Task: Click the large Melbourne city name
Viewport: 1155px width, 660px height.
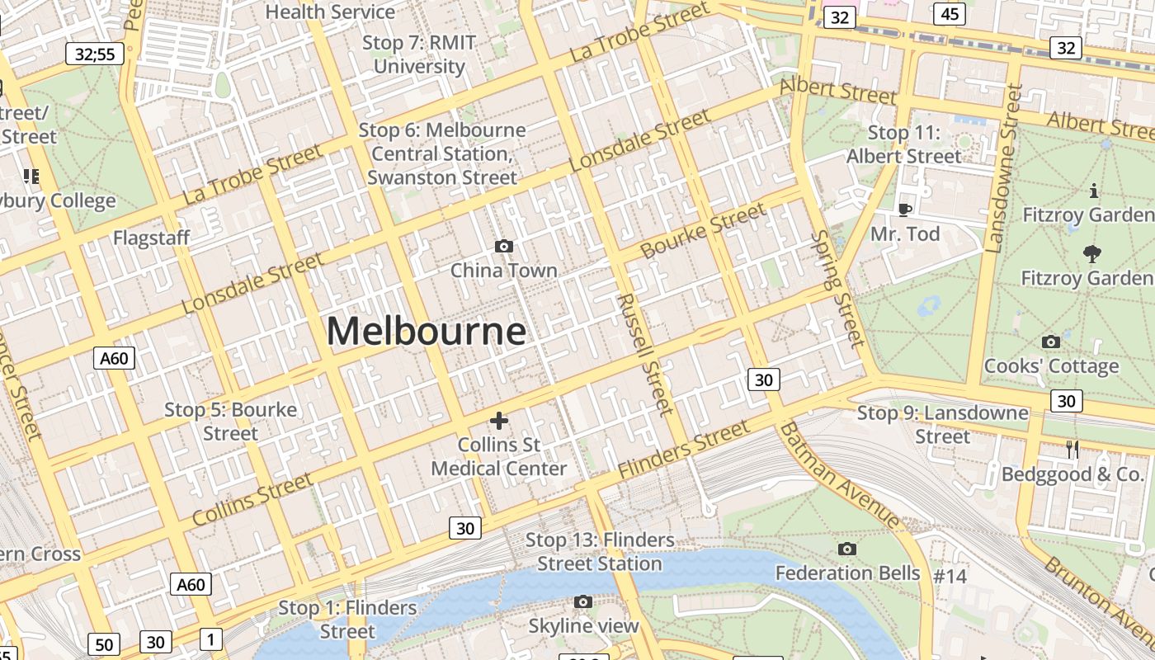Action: tap(426, 332)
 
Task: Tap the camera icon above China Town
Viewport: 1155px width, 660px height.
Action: tap(503, 246)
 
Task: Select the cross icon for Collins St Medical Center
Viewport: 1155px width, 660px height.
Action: tap(499, 421)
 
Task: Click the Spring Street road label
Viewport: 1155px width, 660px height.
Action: tap(837, 288)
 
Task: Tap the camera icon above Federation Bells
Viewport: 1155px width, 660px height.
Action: tap(846, 549)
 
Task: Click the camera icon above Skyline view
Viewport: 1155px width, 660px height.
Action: tap(583, 601)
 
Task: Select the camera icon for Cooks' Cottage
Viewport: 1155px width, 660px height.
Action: tap(1051, 342)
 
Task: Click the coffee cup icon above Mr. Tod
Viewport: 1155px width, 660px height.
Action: tap(904, 210)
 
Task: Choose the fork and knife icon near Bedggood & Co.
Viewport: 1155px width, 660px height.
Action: tap(1072, 449)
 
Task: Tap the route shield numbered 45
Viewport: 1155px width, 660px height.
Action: tap(950, 14)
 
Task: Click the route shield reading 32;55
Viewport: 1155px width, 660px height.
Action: tap(95, 54)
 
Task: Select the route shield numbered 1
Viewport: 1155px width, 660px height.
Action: tap(211, 639)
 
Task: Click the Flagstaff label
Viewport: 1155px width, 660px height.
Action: tap(152, 238)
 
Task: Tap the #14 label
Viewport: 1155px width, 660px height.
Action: tap(950, 576)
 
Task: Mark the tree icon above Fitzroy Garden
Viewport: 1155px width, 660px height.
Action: tap(1093, 254)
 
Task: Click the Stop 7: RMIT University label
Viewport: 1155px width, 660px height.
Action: tap(419, 54)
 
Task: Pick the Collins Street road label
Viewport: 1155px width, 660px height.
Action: tap(252, 499)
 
